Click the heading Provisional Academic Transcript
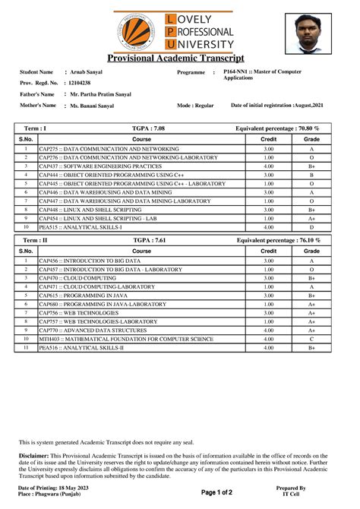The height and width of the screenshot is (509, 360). (x=175, y=58)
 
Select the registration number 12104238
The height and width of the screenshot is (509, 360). (x=80, y=83)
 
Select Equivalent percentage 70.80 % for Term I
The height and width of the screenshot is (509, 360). (x=278, y=129)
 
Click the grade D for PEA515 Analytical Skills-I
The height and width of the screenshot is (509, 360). (x=311, y=226)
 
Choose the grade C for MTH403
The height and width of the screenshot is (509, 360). (x=311, y=338)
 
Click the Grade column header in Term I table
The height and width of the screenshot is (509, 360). (x=311, y=140)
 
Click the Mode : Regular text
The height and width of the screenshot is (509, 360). (x=195, y=106)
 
